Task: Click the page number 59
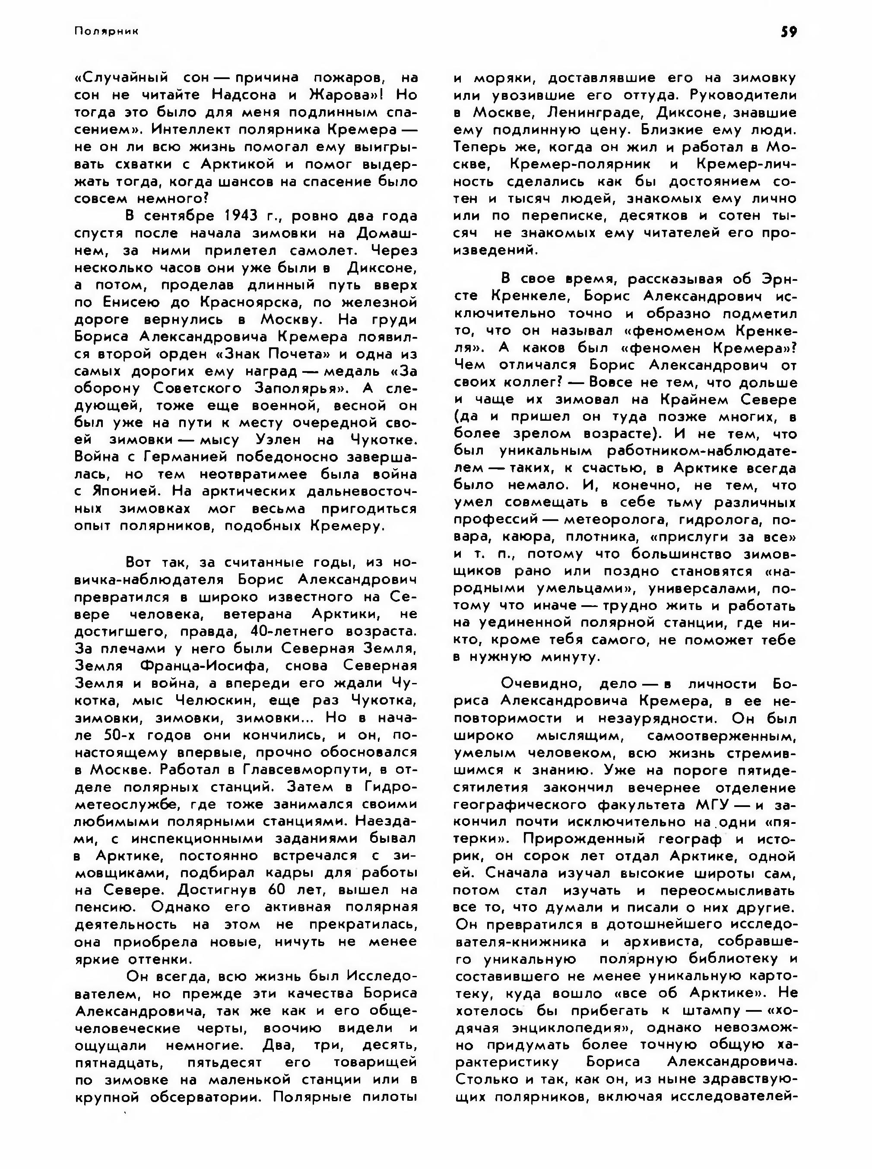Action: click(x=789, y=32)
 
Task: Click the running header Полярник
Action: click(x=106, y=32)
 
